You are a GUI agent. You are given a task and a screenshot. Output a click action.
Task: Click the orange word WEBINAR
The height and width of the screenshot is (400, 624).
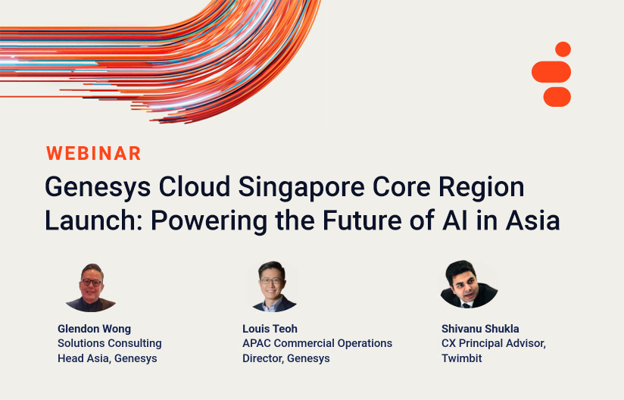(94, 153)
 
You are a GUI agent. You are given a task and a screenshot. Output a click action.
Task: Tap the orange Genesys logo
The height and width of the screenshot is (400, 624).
(551, 74)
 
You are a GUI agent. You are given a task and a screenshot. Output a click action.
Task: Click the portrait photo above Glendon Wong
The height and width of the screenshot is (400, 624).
(90, 287)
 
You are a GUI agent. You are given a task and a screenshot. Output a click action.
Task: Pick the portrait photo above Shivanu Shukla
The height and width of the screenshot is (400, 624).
(469, 285)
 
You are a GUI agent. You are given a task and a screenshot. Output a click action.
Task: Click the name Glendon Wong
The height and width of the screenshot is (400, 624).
(94, 329)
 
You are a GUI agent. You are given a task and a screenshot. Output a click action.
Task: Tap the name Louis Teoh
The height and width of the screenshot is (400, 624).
(270, 329)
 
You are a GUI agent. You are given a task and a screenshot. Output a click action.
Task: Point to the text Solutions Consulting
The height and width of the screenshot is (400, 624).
(110, 343)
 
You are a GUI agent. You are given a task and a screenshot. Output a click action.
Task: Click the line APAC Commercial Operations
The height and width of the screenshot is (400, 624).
(317, 343)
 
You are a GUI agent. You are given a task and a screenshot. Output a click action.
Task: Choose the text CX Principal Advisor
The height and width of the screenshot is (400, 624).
(494, 343)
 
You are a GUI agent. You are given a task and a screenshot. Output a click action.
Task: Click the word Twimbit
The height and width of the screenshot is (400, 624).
(462, 358)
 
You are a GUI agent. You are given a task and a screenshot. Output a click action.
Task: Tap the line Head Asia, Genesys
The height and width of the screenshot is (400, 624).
(108, 358)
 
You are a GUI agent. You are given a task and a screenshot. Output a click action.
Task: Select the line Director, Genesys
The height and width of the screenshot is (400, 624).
(286, 358)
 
